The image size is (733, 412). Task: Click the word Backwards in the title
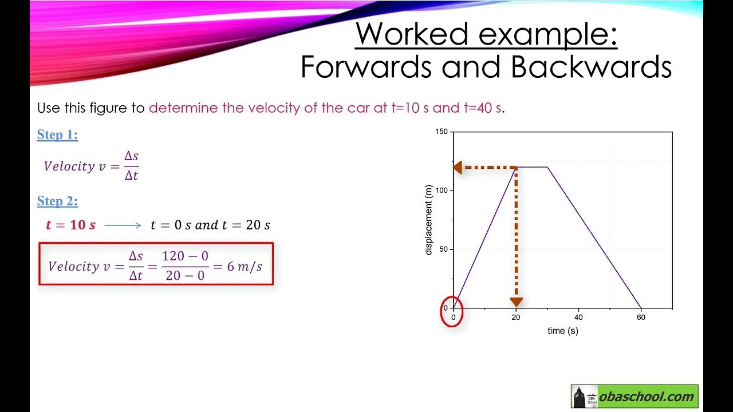click(590, 67)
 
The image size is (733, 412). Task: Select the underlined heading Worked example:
click(486, 34)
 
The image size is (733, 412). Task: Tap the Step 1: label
click(57, 135)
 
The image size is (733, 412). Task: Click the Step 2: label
click(57, 201)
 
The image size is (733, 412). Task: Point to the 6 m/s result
click(245, 267)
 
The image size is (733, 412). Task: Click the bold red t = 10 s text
click(70, 225)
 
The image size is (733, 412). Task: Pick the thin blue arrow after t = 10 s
click(123, 225)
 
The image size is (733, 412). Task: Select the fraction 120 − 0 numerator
click(185, 256)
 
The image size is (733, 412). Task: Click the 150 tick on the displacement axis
click(441, 132)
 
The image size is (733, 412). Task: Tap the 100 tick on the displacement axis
click(441, 191)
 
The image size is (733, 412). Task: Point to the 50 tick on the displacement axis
click(443, 249)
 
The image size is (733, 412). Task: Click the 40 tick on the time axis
click(578, 317)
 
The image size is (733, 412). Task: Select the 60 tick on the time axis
click(641, 317)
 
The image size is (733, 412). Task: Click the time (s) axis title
click(562, 331)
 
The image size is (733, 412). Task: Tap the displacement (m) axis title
click(429, 220)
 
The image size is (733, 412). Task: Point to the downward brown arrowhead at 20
click(516, 302)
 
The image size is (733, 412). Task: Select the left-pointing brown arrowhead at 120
click(458, 168)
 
